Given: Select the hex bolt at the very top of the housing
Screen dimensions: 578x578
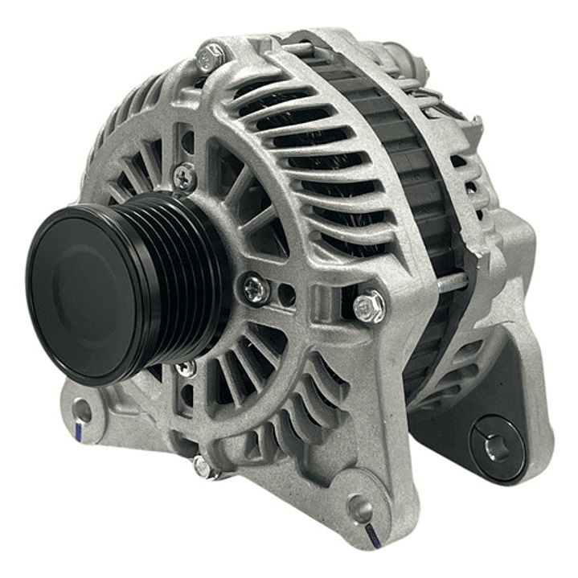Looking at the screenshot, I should pos(211,56).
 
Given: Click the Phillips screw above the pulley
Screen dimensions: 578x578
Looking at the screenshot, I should pos(185,174).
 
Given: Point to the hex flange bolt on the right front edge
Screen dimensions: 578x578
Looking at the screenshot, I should pos(369,305).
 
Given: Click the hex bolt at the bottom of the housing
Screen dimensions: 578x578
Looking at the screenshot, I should pos(202,465).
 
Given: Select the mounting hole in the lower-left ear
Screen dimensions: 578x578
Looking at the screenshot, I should pos(83,411).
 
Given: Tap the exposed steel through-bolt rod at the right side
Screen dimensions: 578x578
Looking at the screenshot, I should pos(450,281).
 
